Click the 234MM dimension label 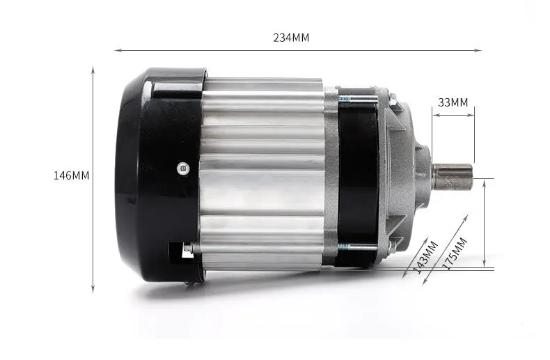click(291, 38)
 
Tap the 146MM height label click(71, 175)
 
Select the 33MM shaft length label click(453, 102)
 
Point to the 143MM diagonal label click(426, 257)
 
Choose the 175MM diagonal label click(455, 253)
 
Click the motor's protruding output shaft click(453, 176)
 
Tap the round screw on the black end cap click(182, 169)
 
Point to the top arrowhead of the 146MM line click(93, 70)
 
